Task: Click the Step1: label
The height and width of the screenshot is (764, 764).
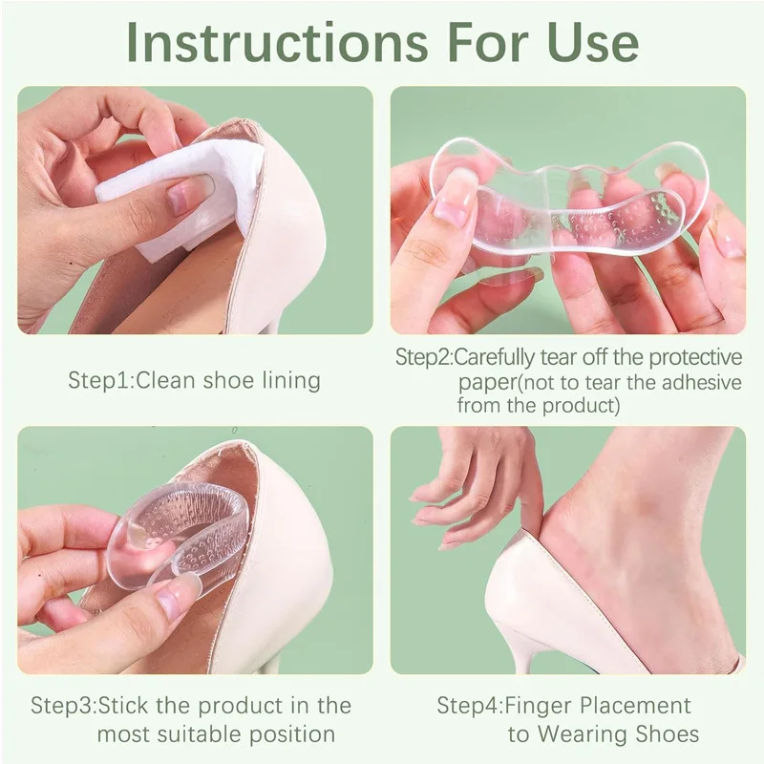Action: (x=101, y=380)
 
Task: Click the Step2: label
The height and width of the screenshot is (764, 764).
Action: (x=424, y=358)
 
